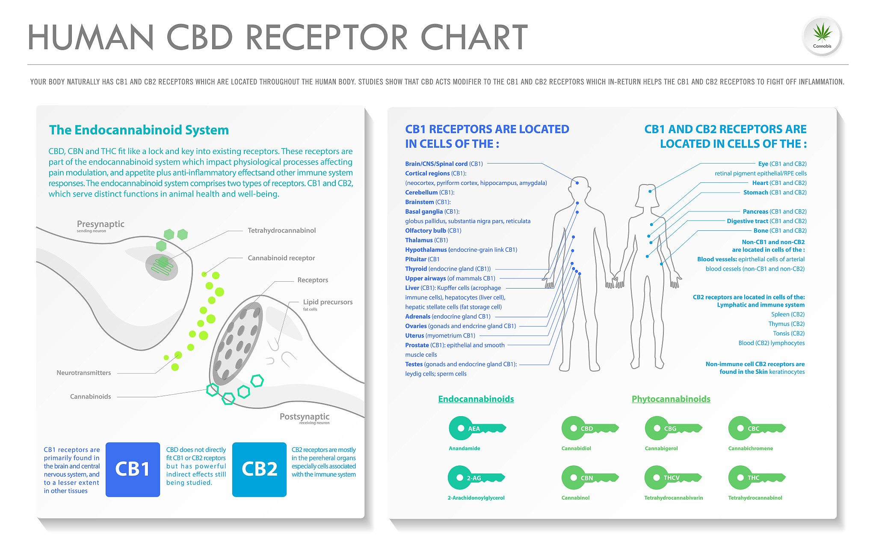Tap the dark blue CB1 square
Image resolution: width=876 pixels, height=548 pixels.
point(133,469)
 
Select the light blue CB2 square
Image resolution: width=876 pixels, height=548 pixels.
point(259,469)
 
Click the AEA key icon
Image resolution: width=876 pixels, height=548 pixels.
point(476,428)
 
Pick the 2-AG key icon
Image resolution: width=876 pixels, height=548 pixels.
point(475,478)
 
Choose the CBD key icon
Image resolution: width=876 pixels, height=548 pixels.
point(589,428)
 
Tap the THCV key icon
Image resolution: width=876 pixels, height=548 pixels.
point(672,478)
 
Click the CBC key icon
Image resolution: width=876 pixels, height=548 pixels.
point(755,428)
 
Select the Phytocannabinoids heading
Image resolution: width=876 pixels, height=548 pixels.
point(671,399)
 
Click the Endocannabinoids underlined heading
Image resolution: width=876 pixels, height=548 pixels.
point(476,399)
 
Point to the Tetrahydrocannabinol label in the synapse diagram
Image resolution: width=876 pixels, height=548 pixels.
point(281,230)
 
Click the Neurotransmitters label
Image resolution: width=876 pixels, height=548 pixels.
point(83,373)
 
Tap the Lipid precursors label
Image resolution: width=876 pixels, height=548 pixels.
point(328,302)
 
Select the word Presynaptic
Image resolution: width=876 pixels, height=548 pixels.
point(101,224)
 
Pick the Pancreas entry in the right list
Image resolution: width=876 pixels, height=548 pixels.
point(774,211)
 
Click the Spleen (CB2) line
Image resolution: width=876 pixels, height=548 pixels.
point(787,314)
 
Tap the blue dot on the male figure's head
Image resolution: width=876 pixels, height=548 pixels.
point(577,183)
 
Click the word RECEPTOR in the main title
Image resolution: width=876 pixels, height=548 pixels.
point(326,38)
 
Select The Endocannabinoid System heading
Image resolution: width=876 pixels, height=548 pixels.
point(139,130)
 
